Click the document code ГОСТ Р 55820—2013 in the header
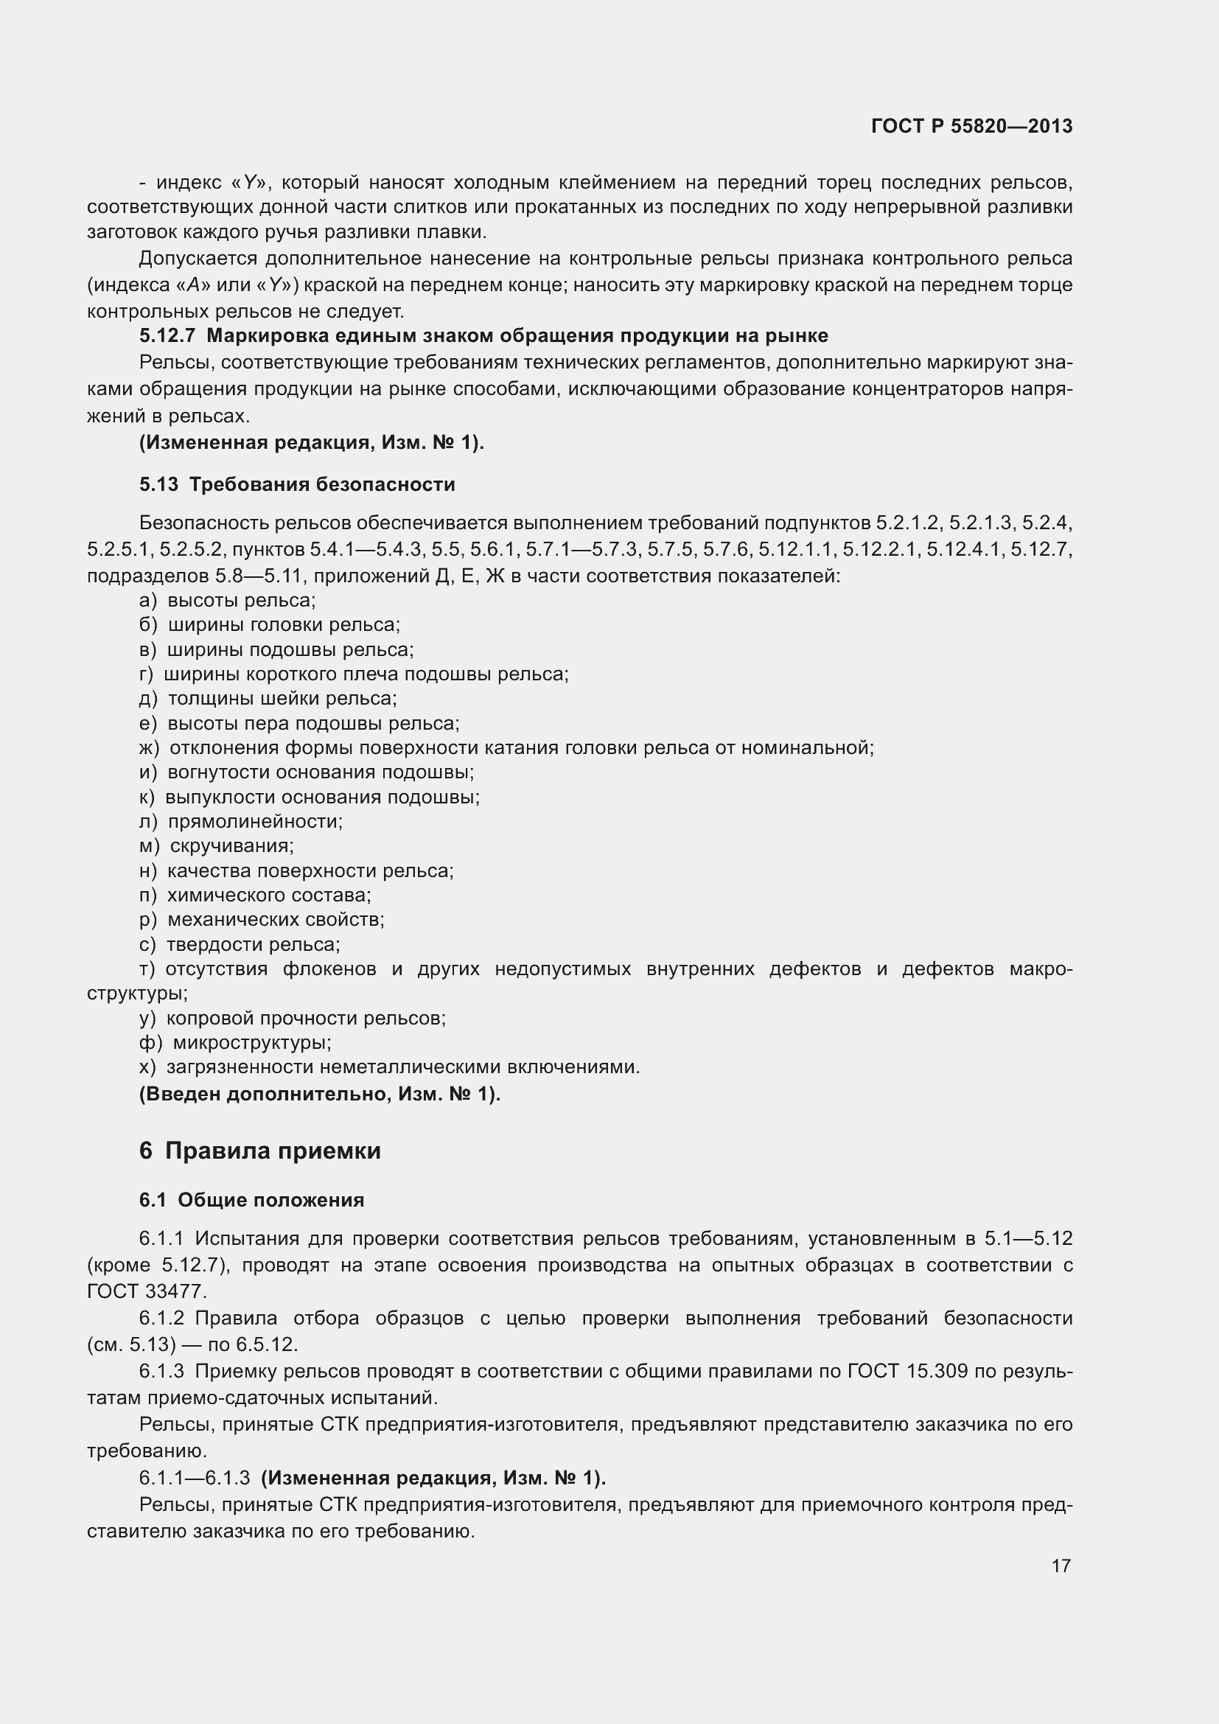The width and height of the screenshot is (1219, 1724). [x=971, y=126]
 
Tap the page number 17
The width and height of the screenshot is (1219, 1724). [x=1061, y=1566]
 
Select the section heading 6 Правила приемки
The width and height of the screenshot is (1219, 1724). [x=259, y=1151]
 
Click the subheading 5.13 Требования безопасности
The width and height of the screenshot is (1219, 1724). [x=297, y=484]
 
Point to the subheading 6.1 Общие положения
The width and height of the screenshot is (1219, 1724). [x=251, y=1200]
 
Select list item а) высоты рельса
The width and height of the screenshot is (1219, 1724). [x=228, y=600]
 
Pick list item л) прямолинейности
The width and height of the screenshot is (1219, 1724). [x=241, y=821]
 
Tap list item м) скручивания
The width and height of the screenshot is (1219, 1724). [x=217, y=845]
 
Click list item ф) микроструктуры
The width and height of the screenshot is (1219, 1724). [x=236, y=1042]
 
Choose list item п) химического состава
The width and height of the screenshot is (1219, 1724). [x=255, y=895]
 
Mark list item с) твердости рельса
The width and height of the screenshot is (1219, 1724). [x=240, y=944]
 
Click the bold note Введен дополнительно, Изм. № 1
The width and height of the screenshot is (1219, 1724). [x=320, y=1094]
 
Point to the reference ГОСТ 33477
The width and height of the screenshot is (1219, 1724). [x=147, y=1291]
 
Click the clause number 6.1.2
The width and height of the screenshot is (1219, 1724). [x=161, y=1318]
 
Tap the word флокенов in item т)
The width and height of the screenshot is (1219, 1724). [x=329, y=969]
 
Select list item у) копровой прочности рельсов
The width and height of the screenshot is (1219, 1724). [x=293, y=1018]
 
